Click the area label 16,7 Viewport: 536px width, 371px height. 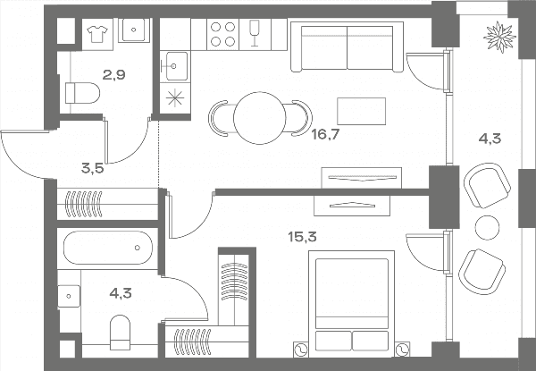tap(325, 135)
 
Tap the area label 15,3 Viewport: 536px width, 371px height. tap(302, 236)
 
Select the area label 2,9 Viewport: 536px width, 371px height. tap(114, 74)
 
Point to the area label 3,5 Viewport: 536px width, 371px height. tap(92, 168)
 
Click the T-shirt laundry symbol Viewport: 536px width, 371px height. tap(97, 34)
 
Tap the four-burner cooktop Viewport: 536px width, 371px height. tap(222, 34)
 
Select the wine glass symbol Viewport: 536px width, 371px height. tap(255, 33)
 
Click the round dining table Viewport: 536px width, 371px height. tap(259, 118)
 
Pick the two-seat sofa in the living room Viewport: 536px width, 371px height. tap(347, 46)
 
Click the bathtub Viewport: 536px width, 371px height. tap(108, 248)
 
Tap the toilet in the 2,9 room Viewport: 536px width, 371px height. tap(82, 93)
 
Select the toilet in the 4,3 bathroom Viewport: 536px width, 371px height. tap(121, 333)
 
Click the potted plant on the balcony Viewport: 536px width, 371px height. tap(499, 37)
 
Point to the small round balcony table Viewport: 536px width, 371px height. tap(487, 228)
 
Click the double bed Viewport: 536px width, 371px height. tap(351, 302)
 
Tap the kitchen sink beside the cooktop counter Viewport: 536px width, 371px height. tap(174, 66)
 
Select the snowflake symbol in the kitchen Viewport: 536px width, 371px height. tap(175, 98)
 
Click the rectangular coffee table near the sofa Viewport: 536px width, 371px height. tap(361, 111)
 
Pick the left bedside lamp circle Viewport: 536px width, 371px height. tap(301, 350)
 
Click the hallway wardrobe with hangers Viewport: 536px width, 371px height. tap(107, 204)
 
